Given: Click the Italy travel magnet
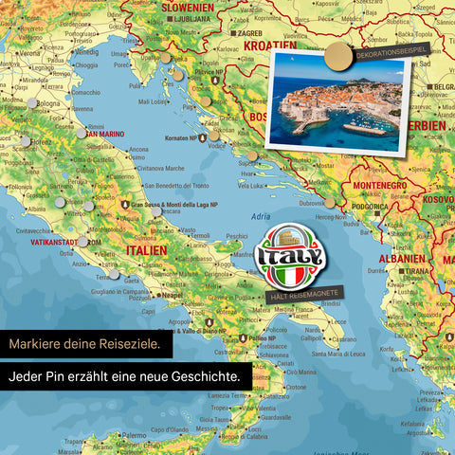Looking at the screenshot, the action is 290,256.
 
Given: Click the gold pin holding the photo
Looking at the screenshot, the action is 336,58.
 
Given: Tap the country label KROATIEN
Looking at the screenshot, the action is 270,45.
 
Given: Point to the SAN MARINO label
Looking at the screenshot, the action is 107,134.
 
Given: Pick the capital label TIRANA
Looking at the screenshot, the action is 415,270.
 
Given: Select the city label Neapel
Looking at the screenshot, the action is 172,295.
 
